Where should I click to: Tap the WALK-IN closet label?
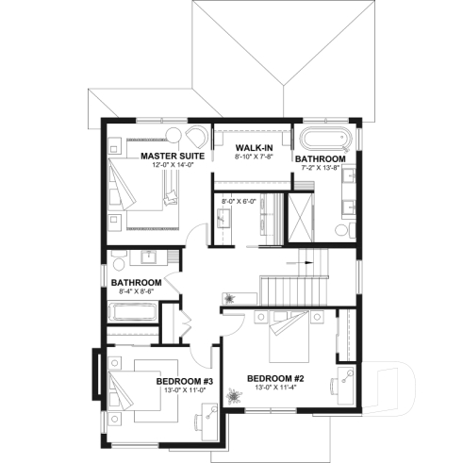click(253, 147)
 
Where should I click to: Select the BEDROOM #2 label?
click(273, 378)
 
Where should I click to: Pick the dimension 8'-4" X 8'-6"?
click(136, 292)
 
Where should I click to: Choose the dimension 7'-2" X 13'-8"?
click(320, 170)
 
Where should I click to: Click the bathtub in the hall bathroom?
click(132, 330)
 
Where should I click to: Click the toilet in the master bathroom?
click(341, 229)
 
